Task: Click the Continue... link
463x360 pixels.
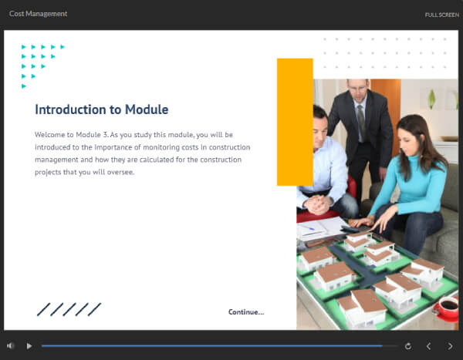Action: click(245, 311)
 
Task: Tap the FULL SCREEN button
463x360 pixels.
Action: click(442, 15)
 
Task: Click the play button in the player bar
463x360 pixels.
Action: click(29, 346)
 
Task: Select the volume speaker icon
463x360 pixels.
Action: click(11, 346)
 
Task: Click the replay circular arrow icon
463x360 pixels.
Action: click(407, 346)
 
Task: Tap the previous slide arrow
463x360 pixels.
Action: click(429, 346)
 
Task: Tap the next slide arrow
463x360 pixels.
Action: click(451, 346)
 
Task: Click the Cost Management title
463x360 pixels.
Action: click(38, 14)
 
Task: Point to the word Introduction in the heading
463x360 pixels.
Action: click(72, 109)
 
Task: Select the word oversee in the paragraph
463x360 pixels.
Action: click(120, 172)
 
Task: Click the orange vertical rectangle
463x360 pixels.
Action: click(294, 122)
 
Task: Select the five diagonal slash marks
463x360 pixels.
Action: click(69, 309)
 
